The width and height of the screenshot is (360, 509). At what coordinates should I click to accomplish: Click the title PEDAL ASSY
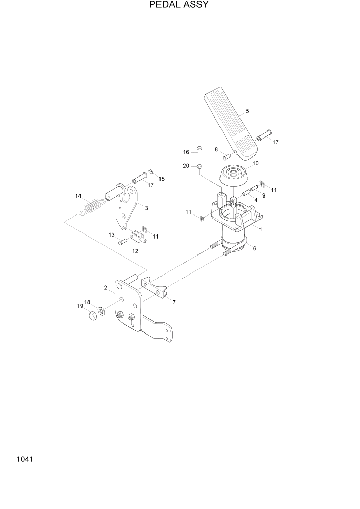[x=179, y=5]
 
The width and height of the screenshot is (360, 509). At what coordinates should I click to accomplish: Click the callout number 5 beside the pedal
[x=247, y=111]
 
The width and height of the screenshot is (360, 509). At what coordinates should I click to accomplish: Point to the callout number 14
[x=78, y=196]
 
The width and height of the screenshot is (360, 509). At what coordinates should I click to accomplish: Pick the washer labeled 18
[x=102, y=310]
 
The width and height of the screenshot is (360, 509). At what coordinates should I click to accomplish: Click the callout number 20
[x=186, y=166]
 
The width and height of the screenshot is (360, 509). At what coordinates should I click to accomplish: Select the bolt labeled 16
[x=200, y=150]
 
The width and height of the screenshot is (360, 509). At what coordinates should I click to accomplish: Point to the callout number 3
[x=147, y=208]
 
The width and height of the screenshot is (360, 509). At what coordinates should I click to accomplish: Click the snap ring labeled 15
[x=152, y=171]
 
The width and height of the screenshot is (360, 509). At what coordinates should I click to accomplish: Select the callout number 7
[x=174, y=303]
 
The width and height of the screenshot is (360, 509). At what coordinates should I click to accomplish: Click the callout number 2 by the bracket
[x=106, y=288]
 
